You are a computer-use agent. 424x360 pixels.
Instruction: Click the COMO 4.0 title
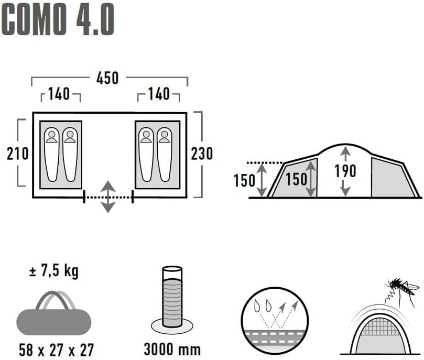pos(58,19)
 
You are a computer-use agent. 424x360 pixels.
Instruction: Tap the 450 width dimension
pos(107,78)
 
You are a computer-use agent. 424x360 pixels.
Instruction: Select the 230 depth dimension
pos(202,154)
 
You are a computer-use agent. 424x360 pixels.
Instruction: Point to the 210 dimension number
pos(18,154)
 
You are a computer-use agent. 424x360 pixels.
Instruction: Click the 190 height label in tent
pos(345,171)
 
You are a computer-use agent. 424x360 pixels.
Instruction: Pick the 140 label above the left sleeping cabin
pos(59,94)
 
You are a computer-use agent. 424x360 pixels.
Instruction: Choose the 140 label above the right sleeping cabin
pos(159,94)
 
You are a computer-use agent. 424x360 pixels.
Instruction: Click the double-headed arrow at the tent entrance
pos(108,197)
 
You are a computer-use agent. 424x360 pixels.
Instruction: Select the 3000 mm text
pos(172,349)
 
